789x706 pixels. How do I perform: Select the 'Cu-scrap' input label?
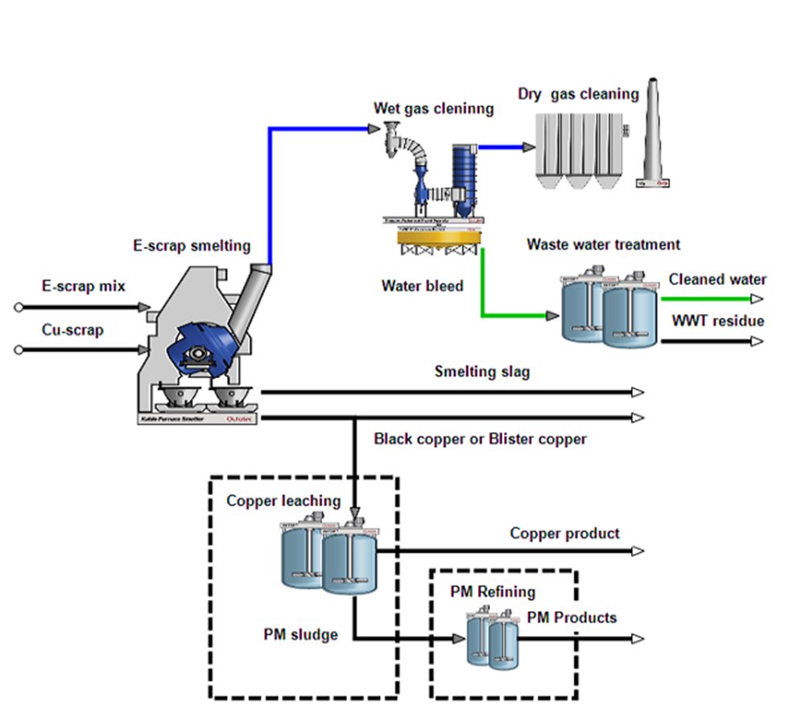[x=73, y=330]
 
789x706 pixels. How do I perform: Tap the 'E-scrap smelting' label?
[x=192, y=246]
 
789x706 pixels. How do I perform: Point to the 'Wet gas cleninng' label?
[x=433, y=109]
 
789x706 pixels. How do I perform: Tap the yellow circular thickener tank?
[x=439, y=237]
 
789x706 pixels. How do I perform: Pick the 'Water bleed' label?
[x=423, y=286]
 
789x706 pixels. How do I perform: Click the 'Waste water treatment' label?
[x=603, y=245]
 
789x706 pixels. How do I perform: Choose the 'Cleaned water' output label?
[x=717, y=280]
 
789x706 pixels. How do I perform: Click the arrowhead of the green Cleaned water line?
[x=757, y=299]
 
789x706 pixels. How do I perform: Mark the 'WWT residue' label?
[x=718, y=321]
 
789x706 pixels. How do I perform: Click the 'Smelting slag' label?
[x=482, y=372]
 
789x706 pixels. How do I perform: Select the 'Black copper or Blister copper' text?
[x=481, y=440]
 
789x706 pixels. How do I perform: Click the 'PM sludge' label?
[x=300, y=634]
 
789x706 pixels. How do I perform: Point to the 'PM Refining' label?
[x=493, y=592]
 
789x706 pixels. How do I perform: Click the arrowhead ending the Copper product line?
[x=638, y=551]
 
